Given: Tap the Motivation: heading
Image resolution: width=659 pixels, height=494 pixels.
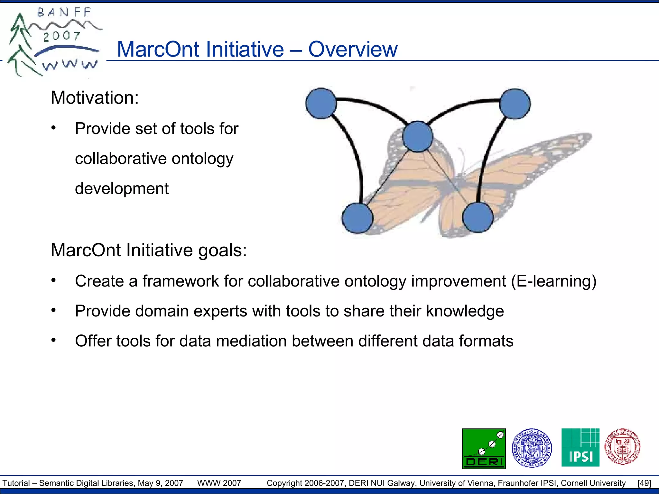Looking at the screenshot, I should click(x=95, y=97).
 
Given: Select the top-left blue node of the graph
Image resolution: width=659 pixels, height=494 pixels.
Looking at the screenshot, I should click(x=321, y=103).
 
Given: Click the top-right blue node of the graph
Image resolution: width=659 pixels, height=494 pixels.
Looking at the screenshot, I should click(x=515, y=104).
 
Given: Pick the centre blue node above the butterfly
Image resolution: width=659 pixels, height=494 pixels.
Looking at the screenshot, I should click(x=418, y=137).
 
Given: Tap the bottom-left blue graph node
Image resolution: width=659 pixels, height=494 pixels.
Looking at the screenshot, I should click(x=357, y=218).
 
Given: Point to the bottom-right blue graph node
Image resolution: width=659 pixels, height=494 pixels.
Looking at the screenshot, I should click(x=478, y=217).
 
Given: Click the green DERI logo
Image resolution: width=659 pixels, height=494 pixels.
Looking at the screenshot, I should click(x=484, y=449).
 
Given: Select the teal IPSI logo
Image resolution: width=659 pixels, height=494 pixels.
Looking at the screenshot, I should click(x=580, y=447).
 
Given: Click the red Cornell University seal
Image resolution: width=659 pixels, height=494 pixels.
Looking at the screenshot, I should click(x=622, y=447).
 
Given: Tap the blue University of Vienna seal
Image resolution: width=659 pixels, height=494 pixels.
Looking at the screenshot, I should click(x=532, y=448).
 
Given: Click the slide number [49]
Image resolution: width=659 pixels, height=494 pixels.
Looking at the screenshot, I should click(x=644, y=483).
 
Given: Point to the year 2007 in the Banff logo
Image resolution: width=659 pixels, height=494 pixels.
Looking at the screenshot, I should click(x=61, y=36).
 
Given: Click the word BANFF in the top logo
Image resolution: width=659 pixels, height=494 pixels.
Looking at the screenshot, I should click(x=64, y=13).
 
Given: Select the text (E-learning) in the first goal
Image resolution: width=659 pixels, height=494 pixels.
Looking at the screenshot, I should click(x=554, y=281).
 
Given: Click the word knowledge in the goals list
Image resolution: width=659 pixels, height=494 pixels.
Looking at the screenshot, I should click(x=465, y=311).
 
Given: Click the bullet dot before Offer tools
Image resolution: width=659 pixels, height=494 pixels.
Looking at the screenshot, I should click(x=54, y=340).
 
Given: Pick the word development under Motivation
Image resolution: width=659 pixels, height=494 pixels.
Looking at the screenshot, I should click(x=122, y=188).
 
